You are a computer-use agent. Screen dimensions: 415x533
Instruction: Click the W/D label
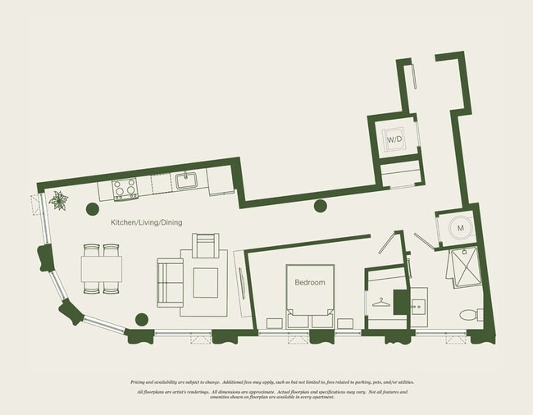(394, 139)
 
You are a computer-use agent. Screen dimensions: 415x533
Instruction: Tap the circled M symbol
(460, 228)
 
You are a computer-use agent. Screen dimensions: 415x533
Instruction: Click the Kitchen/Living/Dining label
(146, 222)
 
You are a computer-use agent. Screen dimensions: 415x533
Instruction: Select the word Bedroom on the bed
(309, 282)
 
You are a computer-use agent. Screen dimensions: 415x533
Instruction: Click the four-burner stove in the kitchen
(125, 189)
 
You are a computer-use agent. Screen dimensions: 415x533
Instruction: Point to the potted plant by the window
(59, 200)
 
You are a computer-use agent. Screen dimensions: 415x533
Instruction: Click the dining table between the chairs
(102, 267)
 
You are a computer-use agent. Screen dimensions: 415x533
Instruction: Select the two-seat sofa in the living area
(170, 282)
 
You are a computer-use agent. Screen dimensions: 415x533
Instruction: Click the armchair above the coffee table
(205, 245)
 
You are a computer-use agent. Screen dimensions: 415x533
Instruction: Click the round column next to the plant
(92, 207)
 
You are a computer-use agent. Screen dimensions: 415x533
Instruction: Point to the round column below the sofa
(141, 320)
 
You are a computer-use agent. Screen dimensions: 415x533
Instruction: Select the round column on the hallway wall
(321, 206)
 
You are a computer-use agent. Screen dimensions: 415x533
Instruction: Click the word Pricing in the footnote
(140, 382)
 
